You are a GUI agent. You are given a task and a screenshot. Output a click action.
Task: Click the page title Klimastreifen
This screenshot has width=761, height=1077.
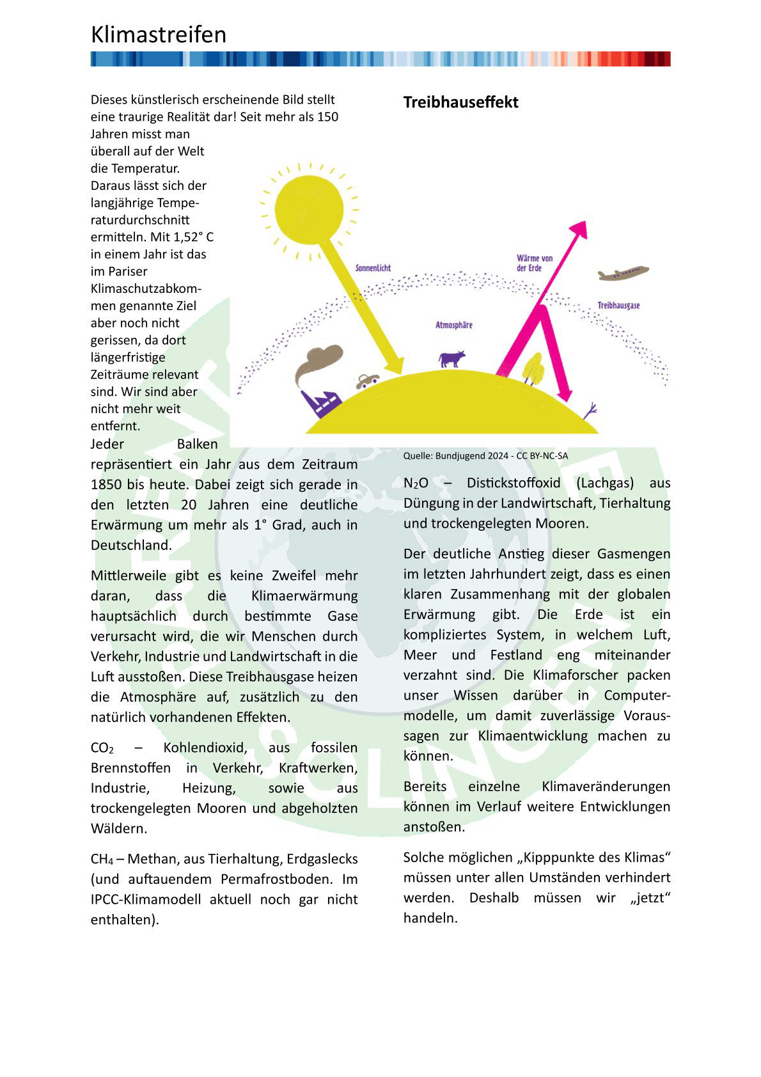coord(159,35)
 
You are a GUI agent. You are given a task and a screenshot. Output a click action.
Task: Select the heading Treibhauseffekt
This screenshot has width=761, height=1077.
coord(460,102)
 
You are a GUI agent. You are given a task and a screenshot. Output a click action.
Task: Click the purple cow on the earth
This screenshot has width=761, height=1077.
coord(451,359)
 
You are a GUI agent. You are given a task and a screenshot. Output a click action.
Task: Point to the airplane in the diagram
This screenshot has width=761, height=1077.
coord(623,274)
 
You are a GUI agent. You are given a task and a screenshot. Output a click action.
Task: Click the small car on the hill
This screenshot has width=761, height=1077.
coord(366,381)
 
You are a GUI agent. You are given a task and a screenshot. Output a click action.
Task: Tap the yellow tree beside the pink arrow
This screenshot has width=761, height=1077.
coord(533,369)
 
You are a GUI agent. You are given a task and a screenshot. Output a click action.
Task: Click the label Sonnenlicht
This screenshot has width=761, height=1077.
coord(373,268)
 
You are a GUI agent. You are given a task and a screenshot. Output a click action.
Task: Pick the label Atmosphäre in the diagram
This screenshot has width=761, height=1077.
coord(453,325)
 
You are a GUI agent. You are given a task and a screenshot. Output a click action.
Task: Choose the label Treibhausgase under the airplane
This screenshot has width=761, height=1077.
coord(618,306)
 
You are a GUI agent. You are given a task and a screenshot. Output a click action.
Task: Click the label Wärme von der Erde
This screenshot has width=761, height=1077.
coord(535,263)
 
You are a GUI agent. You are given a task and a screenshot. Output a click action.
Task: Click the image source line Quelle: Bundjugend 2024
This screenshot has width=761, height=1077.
coord(485,456)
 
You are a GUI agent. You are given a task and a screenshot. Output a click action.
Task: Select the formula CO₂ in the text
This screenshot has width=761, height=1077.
coord(102,748)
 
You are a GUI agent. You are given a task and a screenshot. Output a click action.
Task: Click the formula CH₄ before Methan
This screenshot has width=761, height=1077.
coord(102,860)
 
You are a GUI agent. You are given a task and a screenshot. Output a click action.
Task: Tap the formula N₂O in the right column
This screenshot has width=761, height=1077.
coord(416,483)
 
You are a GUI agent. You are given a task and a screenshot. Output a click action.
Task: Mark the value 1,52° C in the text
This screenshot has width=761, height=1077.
coord(193,237)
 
